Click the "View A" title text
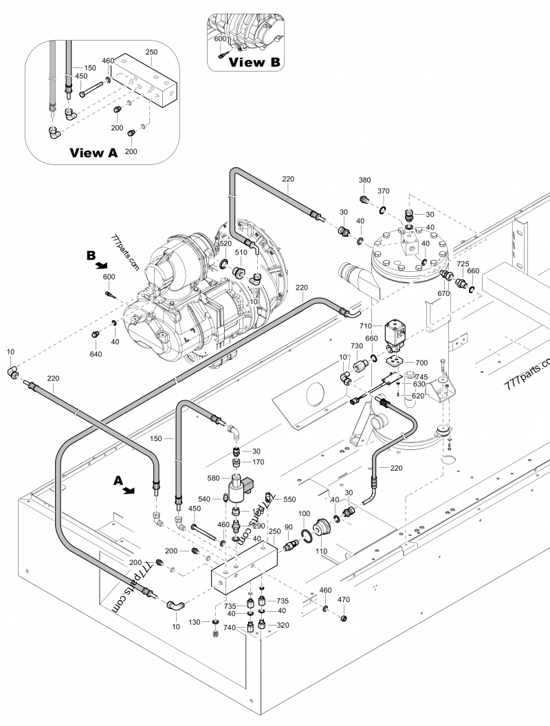click(93, 153)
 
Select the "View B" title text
click(254, 62)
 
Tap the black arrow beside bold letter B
click(100, 265)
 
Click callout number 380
click(365, 180)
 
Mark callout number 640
click(95, 354)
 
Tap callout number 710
click(364, 325)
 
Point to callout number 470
click(344, 600)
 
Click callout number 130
click(195, 621)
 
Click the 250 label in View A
click(152, 52)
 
